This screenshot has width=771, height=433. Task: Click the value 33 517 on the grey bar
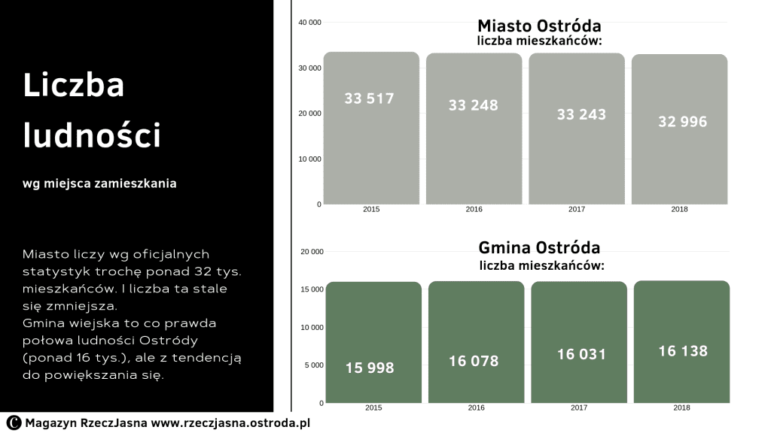point(369,98)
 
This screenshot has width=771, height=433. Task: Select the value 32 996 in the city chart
point(682,121)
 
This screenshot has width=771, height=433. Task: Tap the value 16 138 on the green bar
point(682,351)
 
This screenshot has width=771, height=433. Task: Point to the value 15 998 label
point(370,368)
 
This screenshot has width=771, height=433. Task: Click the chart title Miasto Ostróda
point(539,26)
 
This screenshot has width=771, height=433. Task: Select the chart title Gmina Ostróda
point(539,247)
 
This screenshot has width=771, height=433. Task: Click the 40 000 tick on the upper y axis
point(309,23)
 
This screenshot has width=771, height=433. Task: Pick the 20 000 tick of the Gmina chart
point(312,251)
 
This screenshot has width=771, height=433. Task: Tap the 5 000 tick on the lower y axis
point(314,365)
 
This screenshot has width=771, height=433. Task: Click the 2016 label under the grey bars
point(474,209)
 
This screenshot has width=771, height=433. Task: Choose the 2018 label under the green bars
point(681,407)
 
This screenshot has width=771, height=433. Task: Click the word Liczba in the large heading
point(74,86)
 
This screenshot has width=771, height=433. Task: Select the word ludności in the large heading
point(92,135)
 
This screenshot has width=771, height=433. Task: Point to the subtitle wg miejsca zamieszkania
point(100,183)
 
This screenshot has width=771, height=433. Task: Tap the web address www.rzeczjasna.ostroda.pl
point(230,423)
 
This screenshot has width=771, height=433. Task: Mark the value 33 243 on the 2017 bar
point(581,114)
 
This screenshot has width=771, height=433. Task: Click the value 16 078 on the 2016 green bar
point(474,362)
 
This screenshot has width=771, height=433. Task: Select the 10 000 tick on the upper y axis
point(309,159)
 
